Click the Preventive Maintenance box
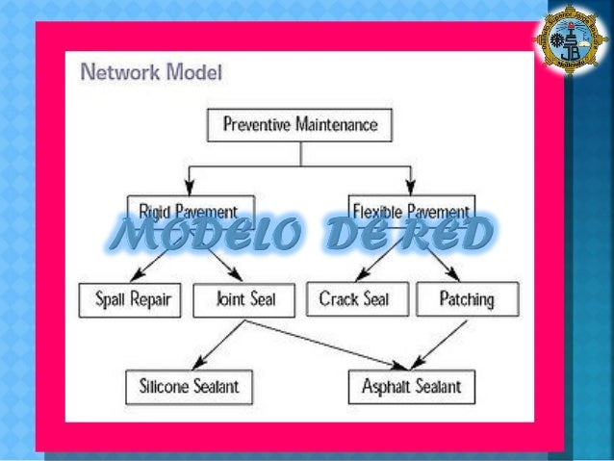click(299, 124)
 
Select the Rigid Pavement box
click(190, 210)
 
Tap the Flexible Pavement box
click(411, 210)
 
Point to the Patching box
click(467, 299)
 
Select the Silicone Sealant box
click(188, 387)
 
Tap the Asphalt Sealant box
click(411, 387)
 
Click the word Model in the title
click(193, 71)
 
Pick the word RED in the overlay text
click(442, 234)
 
